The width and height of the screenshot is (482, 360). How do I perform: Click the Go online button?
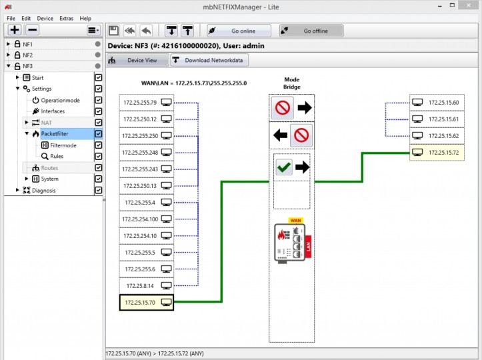pyautogui.click(x=239, y=31)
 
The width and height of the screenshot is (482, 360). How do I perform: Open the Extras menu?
pyautogui.click(x=67, y=19)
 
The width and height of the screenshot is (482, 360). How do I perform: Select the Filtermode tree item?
pyautogui.click(x=63, y=145)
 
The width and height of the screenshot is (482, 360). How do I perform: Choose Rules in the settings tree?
pyautogui.click(x=57, y=156)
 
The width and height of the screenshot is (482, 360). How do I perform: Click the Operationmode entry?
pyautogui.click(x=60, y=100)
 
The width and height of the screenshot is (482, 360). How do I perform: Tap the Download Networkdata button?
pyautogui.click(x=209, y=60)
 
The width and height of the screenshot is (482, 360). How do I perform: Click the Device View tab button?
pyautogui.click(x=138, y=60)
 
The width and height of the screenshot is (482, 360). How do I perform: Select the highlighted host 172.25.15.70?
pyautogui.click(x=146, y=303)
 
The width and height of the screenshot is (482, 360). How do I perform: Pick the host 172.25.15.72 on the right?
pyautogui.click(x=437, y=153)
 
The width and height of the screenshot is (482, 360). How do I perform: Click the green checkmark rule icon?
pyautogui.click(x=284, y=167)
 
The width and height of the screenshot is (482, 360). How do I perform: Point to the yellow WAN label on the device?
pyautogui.click(x=295, y=221)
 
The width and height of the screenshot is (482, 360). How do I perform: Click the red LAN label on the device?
pyautogui.click(x=308, y=247)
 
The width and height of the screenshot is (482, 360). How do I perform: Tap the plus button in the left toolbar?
pyautogui.click(x=15, y=30)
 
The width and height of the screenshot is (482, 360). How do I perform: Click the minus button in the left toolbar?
pyautogui.click(x=32, y=30)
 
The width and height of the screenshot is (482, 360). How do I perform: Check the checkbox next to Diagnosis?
pyautogui.click(x=99, y=190)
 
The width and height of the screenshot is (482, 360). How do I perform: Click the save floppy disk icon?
pyautogui.click(x=113, y=31)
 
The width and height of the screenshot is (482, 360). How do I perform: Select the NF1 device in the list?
pyautogui.click(x=27, y=44)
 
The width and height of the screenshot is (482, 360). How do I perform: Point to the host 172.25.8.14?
pyautogui.click(x=146, y=286)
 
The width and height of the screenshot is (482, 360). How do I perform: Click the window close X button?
pyautogui.click(x=469, y=5)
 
